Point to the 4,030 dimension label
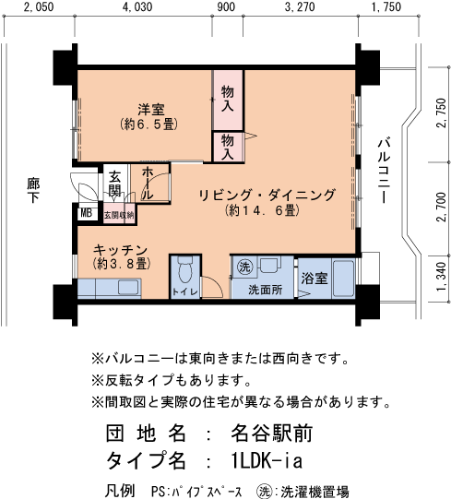pos(137,7)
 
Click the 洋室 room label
pos(144,107)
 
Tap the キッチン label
pos(120,249)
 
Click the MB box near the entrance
pos(86,214)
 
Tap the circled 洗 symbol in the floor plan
pos(245,267)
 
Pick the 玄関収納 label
pos(118,215)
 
